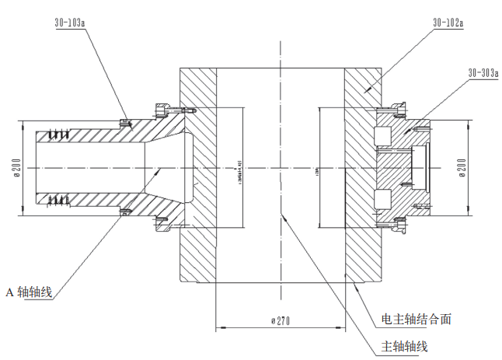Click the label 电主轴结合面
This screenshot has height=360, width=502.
[417, 319]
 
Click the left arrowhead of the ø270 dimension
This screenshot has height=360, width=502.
[218, 327]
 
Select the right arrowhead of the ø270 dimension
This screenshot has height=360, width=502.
[341, 327]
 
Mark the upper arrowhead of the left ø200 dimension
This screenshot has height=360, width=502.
[21, 124]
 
